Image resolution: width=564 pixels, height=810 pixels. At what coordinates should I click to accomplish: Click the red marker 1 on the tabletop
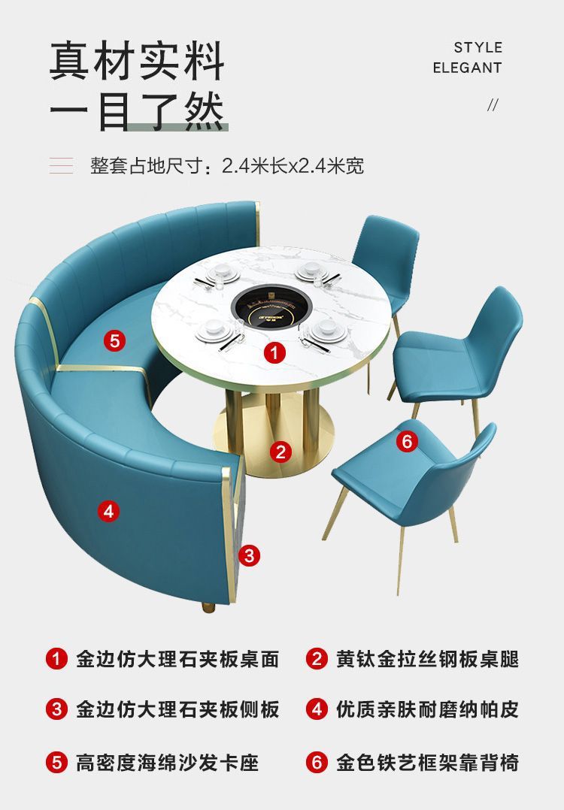pyautogui.click(x=274, y=352)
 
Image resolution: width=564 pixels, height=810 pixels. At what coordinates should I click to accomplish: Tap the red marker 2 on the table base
pyautogui.click(x=280, y=452)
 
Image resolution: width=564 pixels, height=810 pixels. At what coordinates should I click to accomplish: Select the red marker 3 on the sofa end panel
pyautogui.click(x=250, y=555)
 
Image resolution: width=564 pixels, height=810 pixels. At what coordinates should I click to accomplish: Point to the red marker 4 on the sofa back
pyautogui.click(x=108, y=512)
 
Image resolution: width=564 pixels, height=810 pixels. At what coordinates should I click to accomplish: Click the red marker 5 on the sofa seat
pyautogui.click(x=114, y=340)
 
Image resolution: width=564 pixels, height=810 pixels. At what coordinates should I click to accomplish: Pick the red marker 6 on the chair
pyautogui.click(x=407, y=441)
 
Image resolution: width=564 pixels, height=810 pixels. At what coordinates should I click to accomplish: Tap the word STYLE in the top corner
pyautogui.click(x=478, y=47)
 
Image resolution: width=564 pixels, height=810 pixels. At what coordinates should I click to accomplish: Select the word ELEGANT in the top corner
pyautogui.click(x=467, y=68)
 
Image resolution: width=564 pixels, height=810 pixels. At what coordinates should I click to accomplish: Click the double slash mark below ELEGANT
pyautogui.click(x=493, y=104)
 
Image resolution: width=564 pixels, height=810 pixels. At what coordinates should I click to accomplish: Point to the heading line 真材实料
pyautogui.click(x=138, y=62)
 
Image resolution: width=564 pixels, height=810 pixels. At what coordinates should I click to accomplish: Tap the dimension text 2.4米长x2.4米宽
pyautogui.click(x=293, y=165)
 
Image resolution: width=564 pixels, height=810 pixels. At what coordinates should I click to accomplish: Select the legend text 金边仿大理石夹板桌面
pyautogui.click(x=177, y=659)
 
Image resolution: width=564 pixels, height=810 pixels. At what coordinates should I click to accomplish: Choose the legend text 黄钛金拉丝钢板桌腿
pyautogui.click(x=427, y=659)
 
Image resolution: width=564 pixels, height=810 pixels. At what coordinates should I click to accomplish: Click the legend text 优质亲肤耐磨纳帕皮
pyautogui.click(x=427, y=709)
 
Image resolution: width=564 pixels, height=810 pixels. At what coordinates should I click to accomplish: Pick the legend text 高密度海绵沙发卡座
pyautogui.click(x=167, y=763)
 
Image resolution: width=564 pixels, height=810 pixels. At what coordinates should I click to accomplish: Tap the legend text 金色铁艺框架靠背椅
pyautogui.click(x=427, y=763)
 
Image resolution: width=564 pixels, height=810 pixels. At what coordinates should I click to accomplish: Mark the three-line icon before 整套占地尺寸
pyautogui.click(x=62, y=166)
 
